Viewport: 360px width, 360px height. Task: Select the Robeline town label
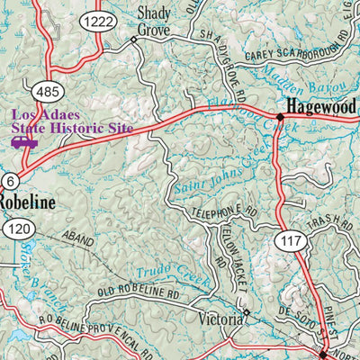[x=26, y=202]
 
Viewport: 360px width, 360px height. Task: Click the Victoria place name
[x=220, y=319]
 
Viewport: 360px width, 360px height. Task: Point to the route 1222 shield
[x=97, y=21]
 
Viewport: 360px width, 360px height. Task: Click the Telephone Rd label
[x=227, y=214]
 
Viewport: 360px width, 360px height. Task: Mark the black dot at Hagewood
[x=281, y=117]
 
